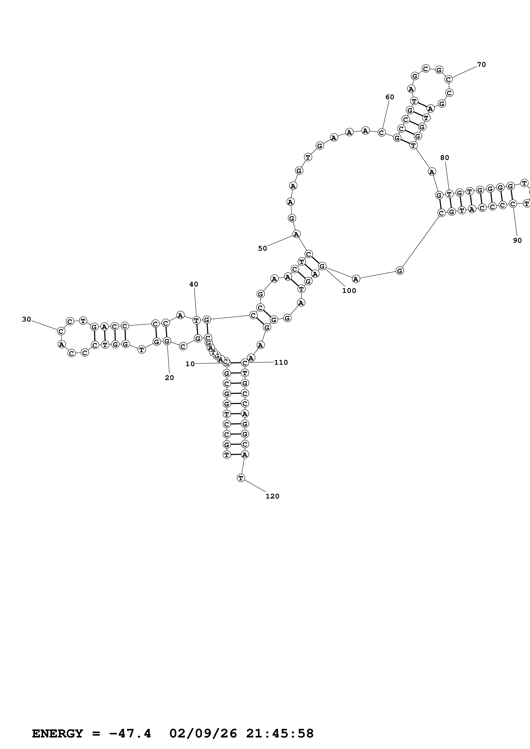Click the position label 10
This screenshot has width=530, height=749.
click(190, 364)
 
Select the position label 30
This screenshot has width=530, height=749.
click(27, 319)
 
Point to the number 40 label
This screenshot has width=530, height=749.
click(194, 284)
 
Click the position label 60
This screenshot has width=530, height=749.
click(390, 97)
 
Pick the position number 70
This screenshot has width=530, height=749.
click(481, 65)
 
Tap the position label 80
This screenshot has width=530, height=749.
click(444, 158)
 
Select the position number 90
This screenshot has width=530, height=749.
click(517, 240)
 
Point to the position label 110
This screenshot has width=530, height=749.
click(281, 362)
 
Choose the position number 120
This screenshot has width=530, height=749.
click(272, 496)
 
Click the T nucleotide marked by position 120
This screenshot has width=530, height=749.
click(241, 478)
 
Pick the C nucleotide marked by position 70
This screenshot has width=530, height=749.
click(449, 79)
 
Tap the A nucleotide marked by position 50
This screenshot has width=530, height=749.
click(296, 234)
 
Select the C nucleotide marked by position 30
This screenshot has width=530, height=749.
click(61, 331)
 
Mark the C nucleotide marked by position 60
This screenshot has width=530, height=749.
click(381, 132)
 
